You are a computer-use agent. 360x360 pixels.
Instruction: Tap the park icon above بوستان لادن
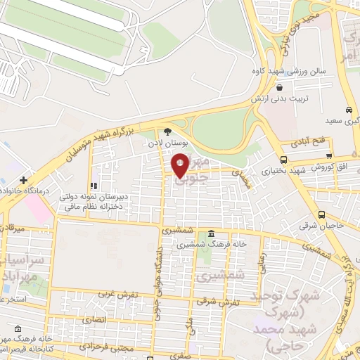(167, 131)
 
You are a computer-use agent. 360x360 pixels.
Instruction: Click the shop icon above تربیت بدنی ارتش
(281, 87)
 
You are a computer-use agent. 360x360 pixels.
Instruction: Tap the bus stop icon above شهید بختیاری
(283, 160)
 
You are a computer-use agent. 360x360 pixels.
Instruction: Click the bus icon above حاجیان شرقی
(321, 214)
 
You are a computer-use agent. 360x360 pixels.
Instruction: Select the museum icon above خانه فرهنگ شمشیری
(210, 234)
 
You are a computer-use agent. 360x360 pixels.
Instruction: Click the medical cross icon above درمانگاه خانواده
(23, 180)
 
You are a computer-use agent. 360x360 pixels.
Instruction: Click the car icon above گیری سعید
(349, 110)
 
